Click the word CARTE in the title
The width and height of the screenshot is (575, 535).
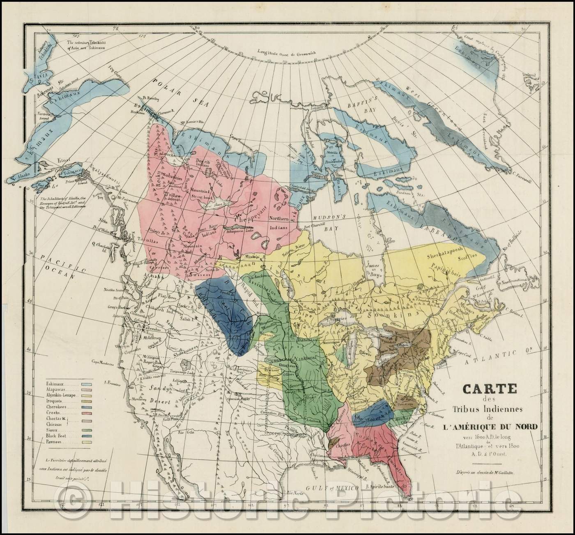[484, 388]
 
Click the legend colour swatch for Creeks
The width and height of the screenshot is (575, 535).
[86, 412]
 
